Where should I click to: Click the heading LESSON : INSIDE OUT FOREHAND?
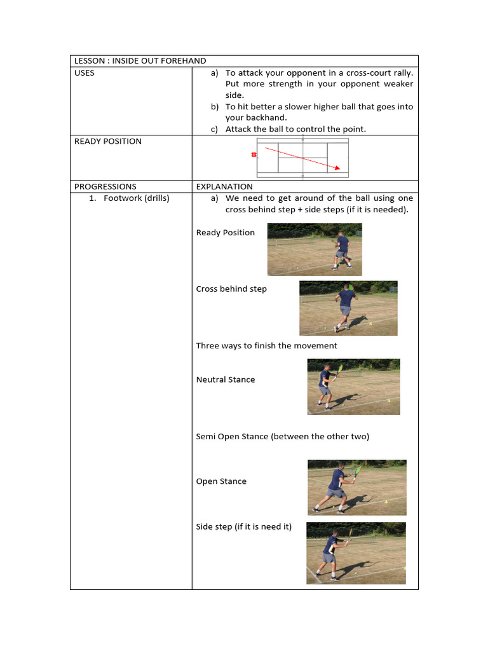click(x=140, y=61)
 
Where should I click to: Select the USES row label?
click(x=85, y=73)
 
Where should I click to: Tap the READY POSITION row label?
click(x=108, y=141)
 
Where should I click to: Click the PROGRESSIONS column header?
click(x=105, y=187)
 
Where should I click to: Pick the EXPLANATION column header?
click(x=224, y=187)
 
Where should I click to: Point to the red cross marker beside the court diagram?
click(x=254, y=155)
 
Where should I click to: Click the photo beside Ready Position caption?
click(x=315, y=249)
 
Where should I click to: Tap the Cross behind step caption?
click(x=231, y=289)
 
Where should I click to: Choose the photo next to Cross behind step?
click(x=348, y=308)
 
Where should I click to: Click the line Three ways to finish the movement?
click(x=267, y=346)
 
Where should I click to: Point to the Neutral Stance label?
click(x=226, y=380)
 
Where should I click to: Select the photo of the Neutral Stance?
click(x=353, y=387)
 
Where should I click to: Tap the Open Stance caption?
click(x=221, y=482)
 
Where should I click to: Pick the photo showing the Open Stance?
click(x=357, y=487)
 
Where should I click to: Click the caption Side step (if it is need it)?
click(x=244, y=527)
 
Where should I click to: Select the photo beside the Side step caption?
click(x=356, y=553)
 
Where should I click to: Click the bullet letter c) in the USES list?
click(x=214, y=130)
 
